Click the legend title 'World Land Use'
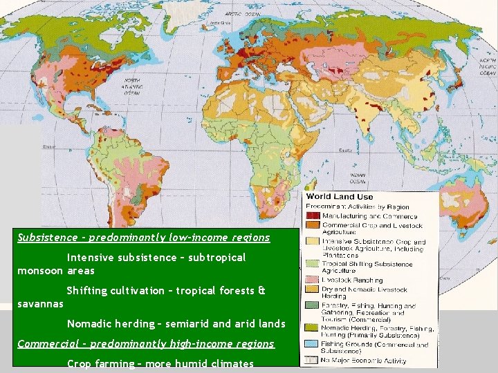340,198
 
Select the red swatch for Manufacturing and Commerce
311,215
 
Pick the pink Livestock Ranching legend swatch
311,278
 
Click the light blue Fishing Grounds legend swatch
311,344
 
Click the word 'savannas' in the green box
40,303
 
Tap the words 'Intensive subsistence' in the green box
120,258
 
